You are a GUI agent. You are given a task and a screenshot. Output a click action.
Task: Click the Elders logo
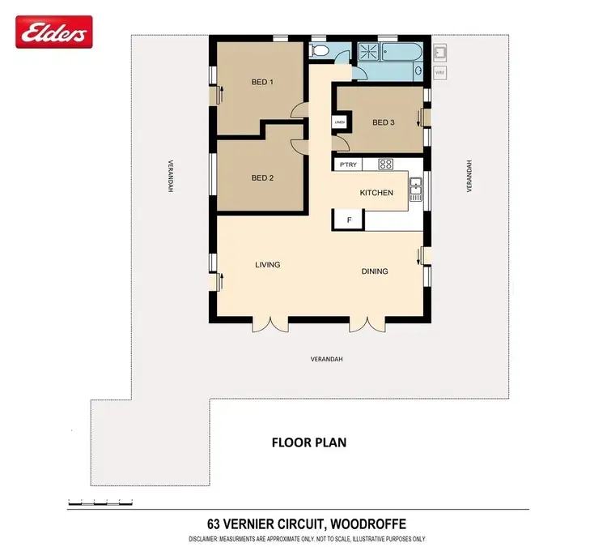click(x=54, y=33)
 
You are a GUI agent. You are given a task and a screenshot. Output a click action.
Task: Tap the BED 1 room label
click(x=259, y=82)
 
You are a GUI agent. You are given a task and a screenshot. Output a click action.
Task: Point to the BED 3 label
click(x=383, y=122)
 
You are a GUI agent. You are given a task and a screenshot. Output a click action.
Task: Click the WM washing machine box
click(x=440, y=73)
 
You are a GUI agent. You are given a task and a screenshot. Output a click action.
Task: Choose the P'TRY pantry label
click(x=348, y=164)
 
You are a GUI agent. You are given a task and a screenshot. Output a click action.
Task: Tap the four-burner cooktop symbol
click(x=385, y=164)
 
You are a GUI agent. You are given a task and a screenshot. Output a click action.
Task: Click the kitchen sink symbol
click(x=416, y=189)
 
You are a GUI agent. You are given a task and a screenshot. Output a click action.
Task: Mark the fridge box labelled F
click(x=349, y=220)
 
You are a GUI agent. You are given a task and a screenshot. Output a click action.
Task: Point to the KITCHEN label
click(x=376, y=193)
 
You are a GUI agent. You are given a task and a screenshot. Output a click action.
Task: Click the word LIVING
click(x=267, y=265)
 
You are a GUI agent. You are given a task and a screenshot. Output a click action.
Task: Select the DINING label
click(x=374, y=271)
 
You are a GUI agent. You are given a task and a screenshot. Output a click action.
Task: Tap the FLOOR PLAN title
click(x=308, y=443)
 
